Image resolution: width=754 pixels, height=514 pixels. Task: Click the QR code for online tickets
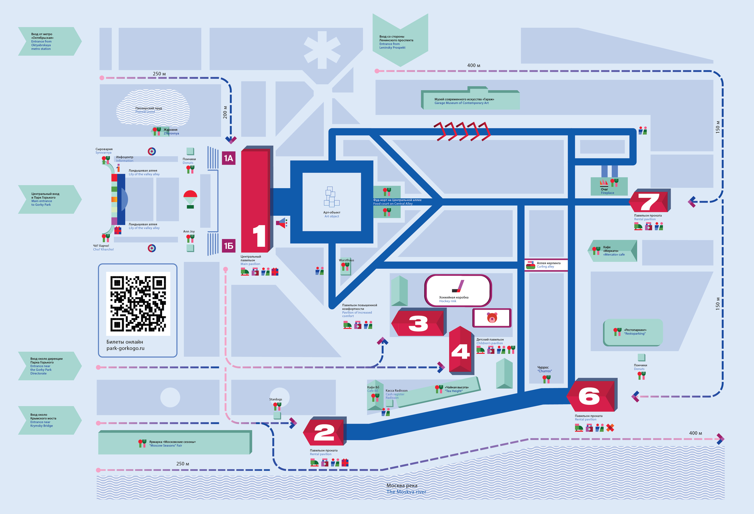coord(138,304)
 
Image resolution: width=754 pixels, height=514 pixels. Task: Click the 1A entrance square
coord(229,158)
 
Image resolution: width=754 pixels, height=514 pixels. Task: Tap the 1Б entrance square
coord(229,246)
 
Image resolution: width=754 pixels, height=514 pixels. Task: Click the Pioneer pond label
coord(148,110)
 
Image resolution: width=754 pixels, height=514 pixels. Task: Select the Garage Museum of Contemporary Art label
coord(464,101)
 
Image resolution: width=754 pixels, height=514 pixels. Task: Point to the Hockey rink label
coord(454,299)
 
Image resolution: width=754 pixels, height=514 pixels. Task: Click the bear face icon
coord(492,318)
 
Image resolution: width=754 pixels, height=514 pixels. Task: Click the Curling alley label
coord(548,265)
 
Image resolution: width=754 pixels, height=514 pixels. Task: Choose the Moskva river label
coord(406,489)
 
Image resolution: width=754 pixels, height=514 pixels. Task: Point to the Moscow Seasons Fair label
coord(172,443)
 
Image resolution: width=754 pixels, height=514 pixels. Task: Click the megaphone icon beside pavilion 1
coord(282,223)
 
